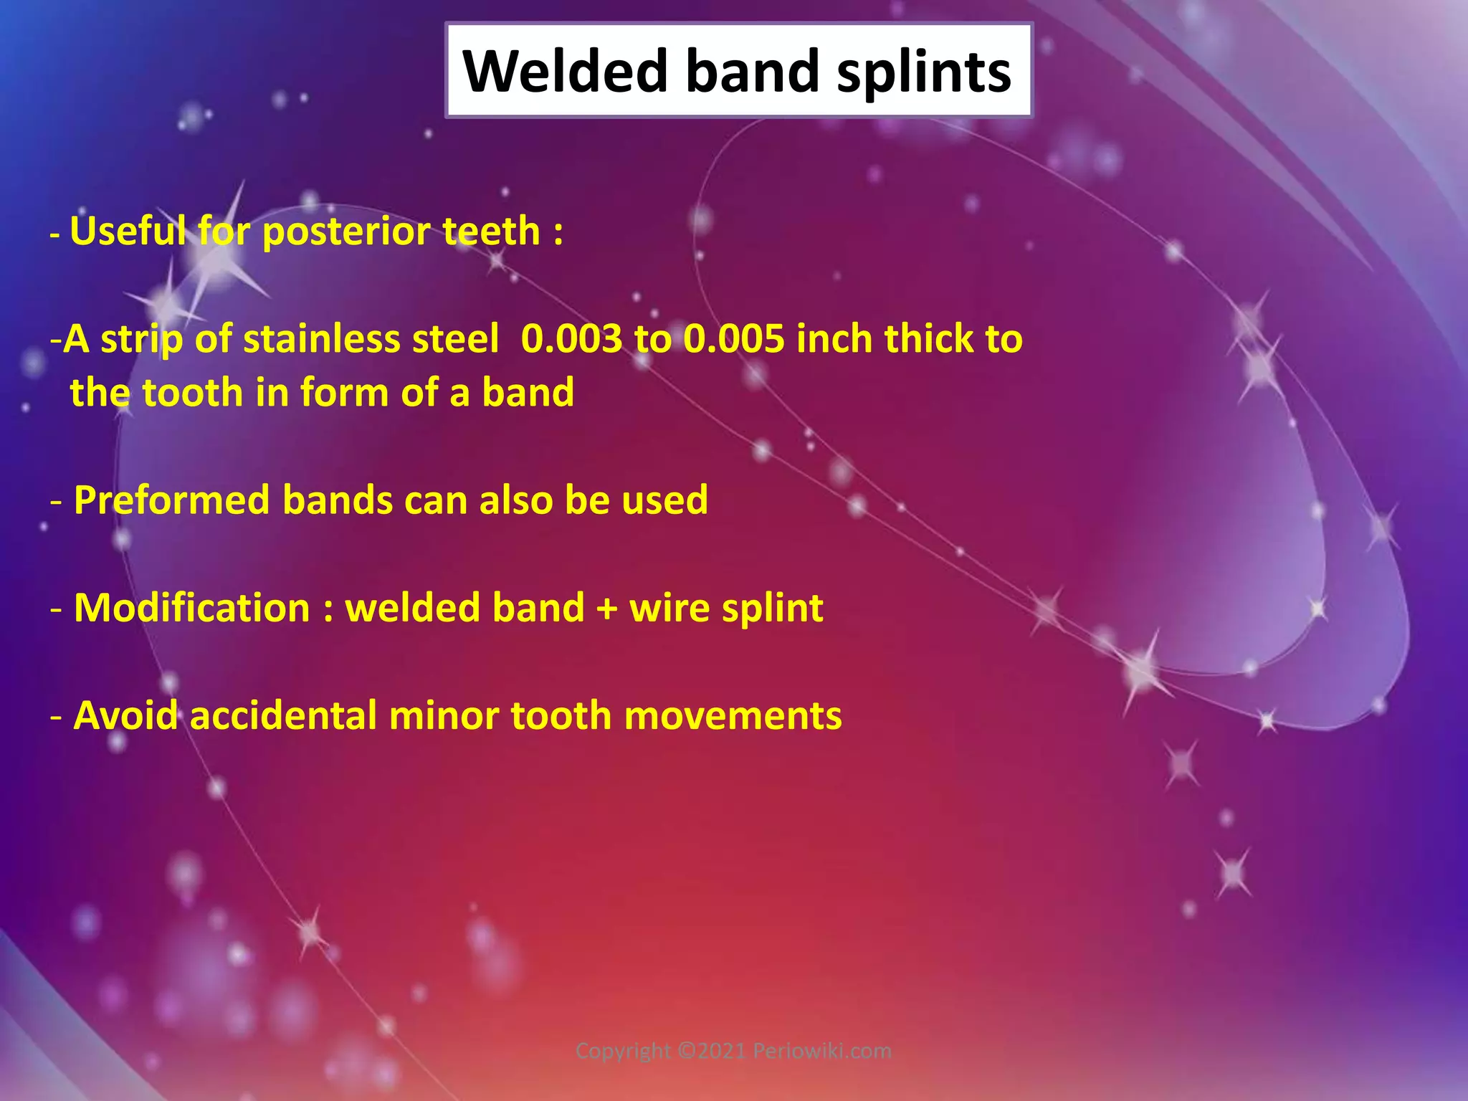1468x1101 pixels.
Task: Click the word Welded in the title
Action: click(x=565, y=72)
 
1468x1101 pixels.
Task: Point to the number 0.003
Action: click(x=571, y=339)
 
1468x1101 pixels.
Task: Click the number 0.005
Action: click(x=733, y=339)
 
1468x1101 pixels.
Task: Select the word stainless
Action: click(x=321, y=339)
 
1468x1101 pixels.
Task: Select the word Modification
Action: click(x=192, y=609)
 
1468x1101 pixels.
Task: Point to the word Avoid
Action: click(x=125, y=716)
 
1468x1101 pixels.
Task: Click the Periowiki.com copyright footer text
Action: click(x=733, y=1051)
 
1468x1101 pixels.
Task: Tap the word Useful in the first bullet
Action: click(x=128, y=232)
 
